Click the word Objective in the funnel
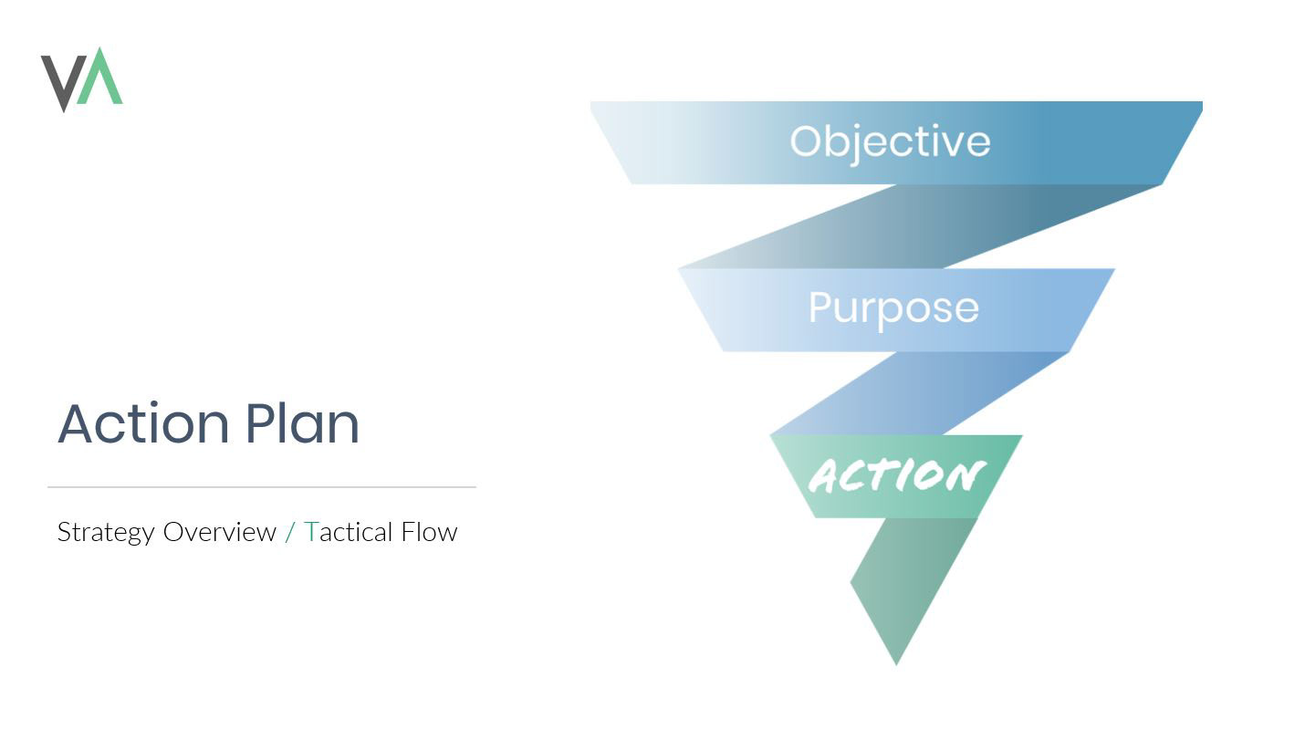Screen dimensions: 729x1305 [890, 142]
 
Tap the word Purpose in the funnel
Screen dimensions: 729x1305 [893, 308]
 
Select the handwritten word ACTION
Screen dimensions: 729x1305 [896, 476]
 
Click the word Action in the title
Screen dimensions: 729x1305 [143, 423]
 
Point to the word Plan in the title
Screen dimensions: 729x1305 [302, 423]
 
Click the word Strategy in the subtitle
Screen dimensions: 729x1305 [106, 533]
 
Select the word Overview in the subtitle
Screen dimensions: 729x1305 [219, 532]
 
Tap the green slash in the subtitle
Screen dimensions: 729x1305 [290, 532]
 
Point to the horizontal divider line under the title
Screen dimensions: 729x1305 [262, 487]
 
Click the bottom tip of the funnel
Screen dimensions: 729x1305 [896, 661]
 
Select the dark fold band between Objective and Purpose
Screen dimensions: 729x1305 [922, 226]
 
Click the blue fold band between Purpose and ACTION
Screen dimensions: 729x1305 [922, 393]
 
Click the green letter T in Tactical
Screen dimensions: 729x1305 [311, 532]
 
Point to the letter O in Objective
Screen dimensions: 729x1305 [807, 141]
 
